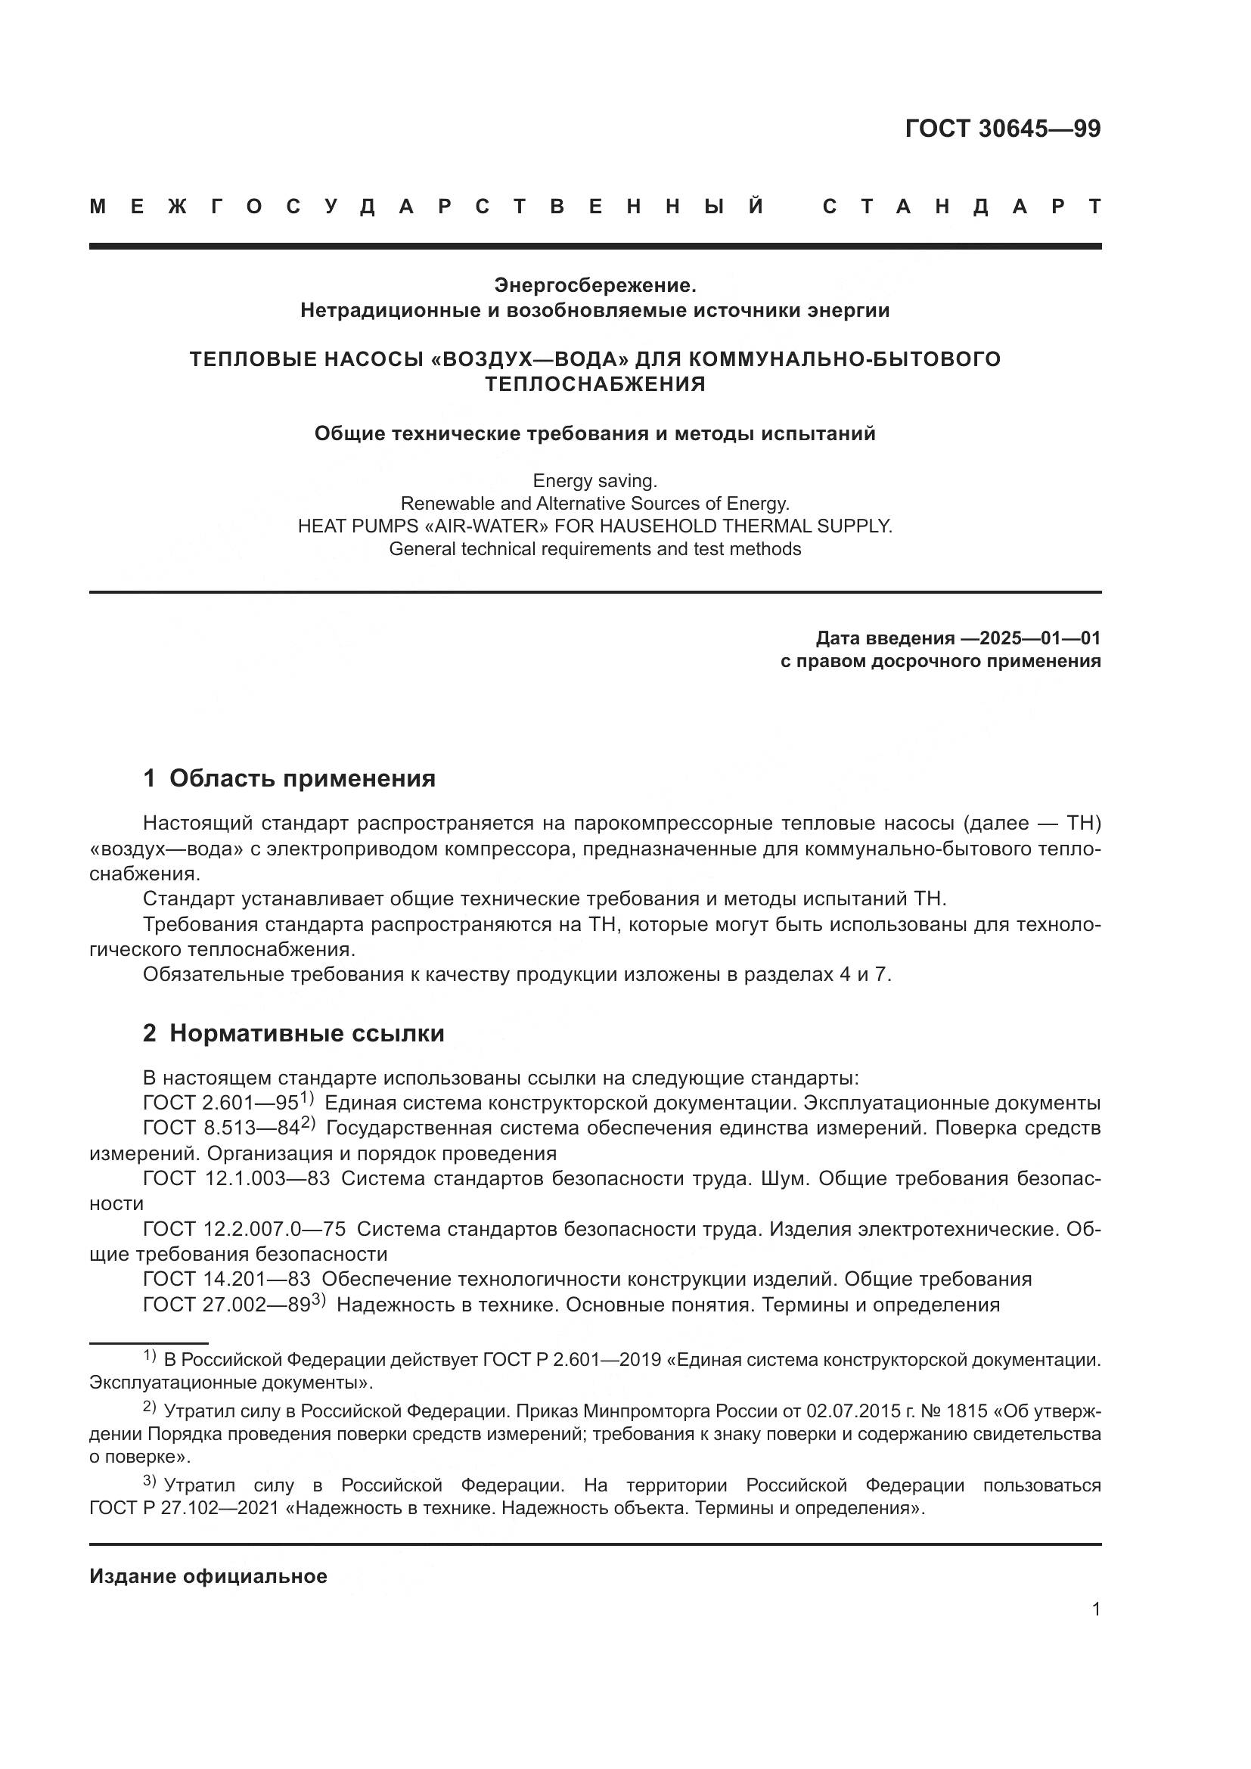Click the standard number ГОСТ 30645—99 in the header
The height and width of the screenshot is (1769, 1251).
pos(1002,129)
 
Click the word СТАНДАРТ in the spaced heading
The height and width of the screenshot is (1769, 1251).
pos(962,206)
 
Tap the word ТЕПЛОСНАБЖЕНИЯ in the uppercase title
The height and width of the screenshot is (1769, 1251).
pos(594,383)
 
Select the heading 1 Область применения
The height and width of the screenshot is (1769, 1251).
pos(289,778)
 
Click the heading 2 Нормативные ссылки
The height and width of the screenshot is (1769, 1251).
pos(293,1033)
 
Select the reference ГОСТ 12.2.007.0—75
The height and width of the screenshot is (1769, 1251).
pos(244,1230)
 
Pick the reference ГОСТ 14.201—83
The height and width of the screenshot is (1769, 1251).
pos(226,1280)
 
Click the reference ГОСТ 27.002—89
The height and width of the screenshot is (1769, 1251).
pos(226,1305)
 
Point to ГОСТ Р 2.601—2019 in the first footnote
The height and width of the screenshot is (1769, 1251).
pos(572,1360)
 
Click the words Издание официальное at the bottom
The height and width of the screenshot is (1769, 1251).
pos(208,1576)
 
